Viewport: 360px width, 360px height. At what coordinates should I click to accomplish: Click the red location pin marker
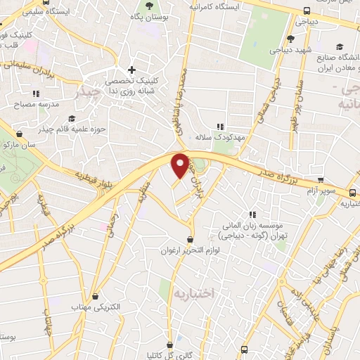click(x=180, y=165)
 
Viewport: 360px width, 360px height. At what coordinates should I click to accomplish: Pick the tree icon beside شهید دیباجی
click(x=290, y=39)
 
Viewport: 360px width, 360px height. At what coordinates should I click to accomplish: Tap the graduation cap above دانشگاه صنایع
click(x=339, y=39)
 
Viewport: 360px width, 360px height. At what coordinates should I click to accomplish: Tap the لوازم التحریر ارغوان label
click(x=190, y=250)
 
